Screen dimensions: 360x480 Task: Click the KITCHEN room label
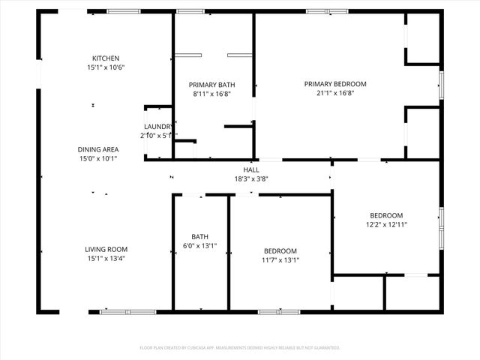(106, 58)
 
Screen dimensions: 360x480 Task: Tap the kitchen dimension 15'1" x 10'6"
(106, 67)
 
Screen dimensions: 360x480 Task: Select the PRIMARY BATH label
(211, 85)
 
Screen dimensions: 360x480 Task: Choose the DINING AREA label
(98, 149)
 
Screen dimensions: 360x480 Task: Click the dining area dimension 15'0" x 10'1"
(98, 158)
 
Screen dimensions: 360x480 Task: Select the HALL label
(250, 169)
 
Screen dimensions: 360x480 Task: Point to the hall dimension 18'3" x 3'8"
(250, 178)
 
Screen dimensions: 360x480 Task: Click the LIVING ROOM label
(106, 250)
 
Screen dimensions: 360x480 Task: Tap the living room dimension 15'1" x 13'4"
(106, 259)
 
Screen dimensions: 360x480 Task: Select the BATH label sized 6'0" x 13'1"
(200, 236)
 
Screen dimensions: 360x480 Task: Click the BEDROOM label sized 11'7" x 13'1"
(280, 251)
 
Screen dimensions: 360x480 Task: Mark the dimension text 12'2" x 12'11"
(386, 224)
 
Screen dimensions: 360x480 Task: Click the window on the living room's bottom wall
(128, 311)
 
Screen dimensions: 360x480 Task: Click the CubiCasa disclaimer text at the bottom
(240, 348)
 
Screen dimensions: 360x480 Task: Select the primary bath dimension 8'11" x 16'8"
(211, 94)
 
